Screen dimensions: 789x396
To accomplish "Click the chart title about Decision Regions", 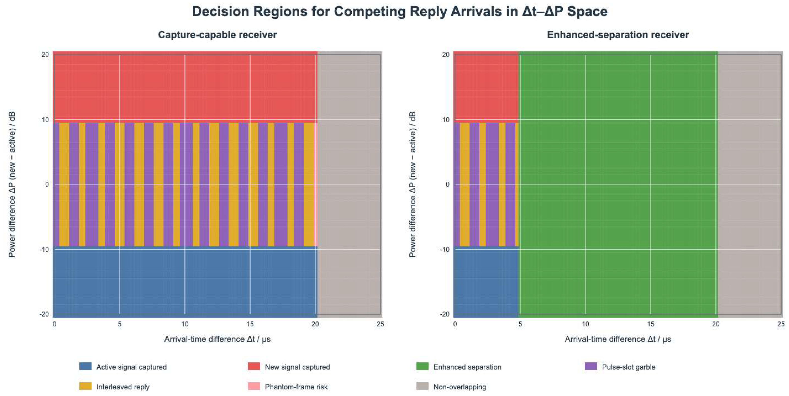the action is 400,12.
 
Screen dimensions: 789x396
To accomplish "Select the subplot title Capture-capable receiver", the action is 217,35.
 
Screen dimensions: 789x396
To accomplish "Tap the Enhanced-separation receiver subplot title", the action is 618,35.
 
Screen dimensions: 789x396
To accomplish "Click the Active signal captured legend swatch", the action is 85,366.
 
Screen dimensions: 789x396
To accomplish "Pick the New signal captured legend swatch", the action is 254,366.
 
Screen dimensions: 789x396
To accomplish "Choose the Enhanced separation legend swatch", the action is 422,366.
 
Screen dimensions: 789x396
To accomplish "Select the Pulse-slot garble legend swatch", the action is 591,366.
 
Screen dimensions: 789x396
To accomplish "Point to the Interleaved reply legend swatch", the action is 85,386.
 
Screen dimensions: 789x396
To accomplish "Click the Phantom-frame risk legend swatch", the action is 254,386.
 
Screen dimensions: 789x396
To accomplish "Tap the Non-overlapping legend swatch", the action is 422,386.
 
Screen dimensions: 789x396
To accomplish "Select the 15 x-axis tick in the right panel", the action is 651,324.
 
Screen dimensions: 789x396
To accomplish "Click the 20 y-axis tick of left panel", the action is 45,54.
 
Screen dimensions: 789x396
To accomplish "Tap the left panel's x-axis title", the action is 217,339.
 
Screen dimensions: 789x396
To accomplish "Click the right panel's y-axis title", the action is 412,184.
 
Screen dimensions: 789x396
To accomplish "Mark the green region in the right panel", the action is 618,184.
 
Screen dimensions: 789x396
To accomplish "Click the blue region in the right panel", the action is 486,282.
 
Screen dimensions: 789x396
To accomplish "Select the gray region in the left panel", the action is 350,184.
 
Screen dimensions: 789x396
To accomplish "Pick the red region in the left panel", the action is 185,87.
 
